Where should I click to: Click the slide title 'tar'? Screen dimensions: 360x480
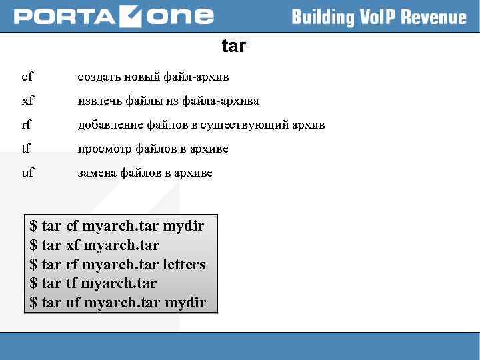point(233,46)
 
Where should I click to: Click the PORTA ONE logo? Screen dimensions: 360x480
point(114,16)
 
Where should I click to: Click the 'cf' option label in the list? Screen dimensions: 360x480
point(27,77)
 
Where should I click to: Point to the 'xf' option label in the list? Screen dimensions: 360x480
point(27,101)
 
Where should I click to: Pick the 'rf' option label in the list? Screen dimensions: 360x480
point(27,125)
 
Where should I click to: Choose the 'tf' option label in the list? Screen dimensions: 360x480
point(27,149)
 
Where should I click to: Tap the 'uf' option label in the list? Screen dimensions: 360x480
point(27,173)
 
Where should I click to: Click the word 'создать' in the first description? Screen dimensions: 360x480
point(97,77)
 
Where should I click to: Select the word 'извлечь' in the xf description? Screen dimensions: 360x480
point(99,101)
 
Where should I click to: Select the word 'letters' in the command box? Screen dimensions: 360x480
point(184,264)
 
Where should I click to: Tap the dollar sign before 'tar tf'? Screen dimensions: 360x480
point(33,283)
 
